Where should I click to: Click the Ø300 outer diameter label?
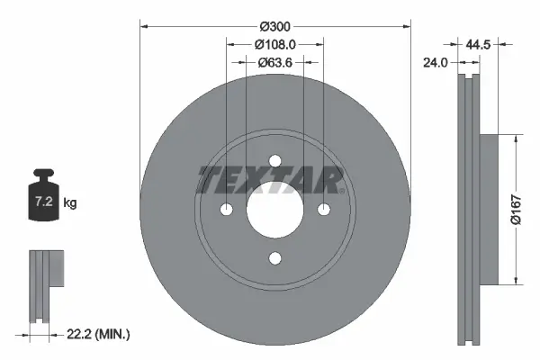(x=274, y=26)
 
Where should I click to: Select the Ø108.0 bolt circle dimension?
(x=274, y=44)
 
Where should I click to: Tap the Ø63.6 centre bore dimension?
(x=274, y=63)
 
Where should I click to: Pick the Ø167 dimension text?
(x=527, y=209)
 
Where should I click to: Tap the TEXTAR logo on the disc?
(x=271, y=180)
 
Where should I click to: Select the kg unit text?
(x=70, y=204)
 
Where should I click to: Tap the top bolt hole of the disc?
(x=274, y=161)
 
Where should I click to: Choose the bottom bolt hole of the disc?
(x=274, y=258)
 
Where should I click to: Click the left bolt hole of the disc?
(x=226, y=210)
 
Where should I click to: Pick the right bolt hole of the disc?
(x=323, y=210)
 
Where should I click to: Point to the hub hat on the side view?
(x=487, y=209)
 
